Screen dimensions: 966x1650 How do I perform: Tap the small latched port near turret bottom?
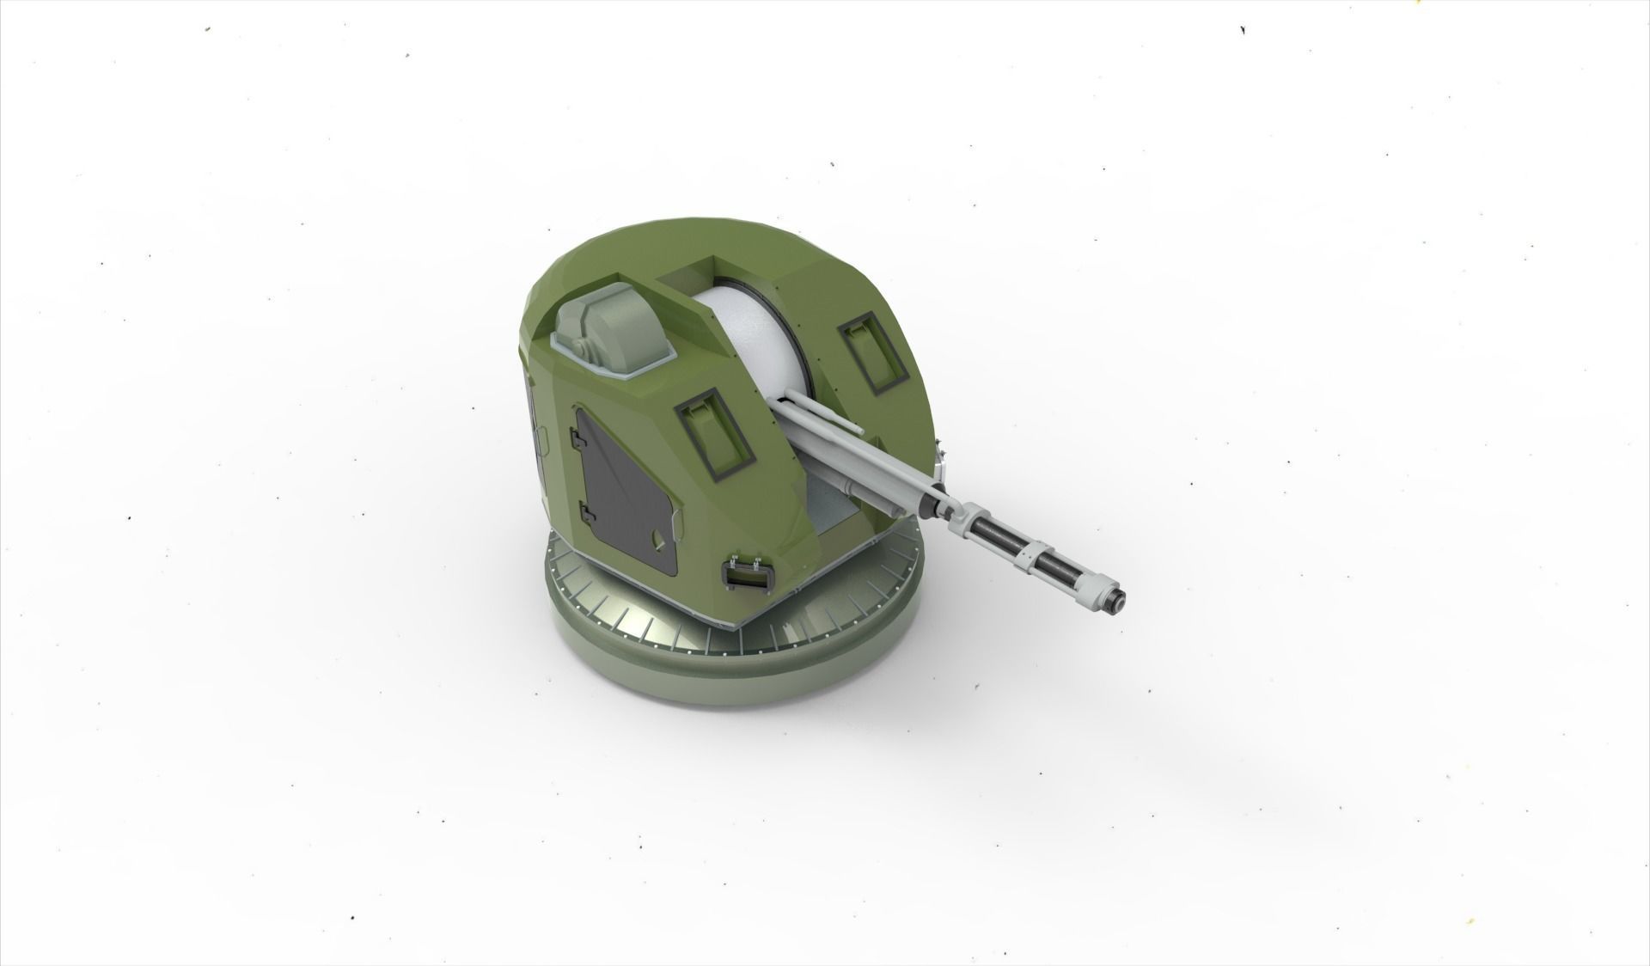(x=747, y=574)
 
